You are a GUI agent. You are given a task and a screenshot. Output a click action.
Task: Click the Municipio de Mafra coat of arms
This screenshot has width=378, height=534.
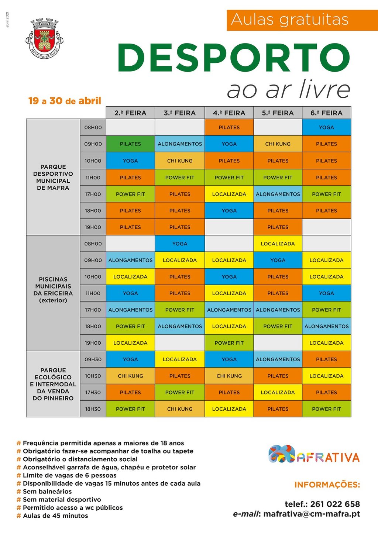(44, 38)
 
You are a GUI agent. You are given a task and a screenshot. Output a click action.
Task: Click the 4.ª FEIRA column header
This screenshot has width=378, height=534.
(229, 113)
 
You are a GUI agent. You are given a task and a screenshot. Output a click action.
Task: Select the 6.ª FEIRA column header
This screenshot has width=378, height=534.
(326, 113)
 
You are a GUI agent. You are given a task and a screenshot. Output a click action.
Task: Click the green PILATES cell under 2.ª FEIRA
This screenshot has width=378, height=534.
(130, 144)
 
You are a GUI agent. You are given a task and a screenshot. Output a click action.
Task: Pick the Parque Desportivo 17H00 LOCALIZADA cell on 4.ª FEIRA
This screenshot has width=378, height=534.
(229, 194)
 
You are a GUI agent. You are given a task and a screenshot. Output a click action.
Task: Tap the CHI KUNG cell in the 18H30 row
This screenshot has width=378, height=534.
(180, 409)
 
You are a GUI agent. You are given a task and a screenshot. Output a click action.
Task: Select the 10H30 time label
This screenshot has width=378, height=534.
(93, 376)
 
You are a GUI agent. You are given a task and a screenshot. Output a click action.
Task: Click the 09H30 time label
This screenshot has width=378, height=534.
(93, 359)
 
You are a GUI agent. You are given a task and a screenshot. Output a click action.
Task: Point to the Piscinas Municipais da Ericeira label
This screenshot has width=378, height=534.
(53, 290)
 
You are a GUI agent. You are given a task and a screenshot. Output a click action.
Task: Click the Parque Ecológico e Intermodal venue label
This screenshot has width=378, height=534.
(53, 384)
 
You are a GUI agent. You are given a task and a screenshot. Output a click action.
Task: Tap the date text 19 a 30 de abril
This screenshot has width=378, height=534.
(65, 101)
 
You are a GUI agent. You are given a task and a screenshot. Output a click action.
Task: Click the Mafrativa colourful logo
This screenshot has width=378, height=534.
(314, 455)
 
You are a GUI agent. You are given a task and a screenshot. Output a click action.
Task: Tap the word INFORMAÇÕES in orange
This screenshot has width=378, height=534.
(327, 485)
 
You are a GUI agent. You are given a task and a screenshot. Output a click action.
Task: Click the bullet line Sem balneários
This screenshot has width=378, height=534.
(47, 492)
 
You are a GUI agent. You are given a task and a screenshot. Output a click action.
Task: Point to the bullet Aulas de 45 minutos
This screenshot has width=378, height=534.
(55, 516)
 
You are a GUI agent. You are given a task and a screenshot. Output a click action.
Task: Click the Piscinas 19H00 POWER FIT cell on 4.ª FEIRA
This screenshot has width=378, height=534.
(229, 343)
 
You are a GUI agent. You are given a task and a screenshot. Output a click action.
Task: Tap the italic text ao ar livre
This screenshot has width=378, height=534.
(288, 90)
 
